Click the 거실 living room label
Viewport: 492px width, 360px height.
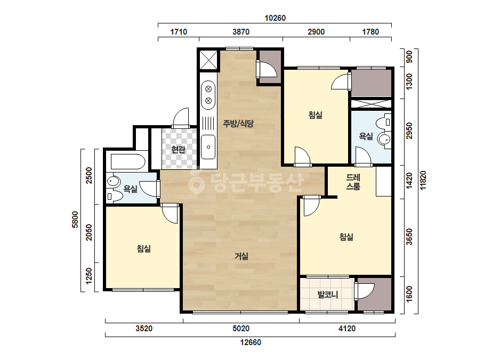click(241, 256)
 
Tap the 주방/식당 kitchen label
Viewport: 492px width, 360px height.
click(238, 124)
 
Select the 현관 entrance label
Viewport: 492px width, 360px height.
click(178, 150)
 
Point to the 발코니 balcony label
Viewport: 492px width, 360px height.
click(328, 295)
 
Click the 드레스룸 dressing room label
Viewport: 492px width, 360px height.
click(353, 182)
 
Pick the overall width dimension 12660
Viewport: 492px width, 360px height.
click(251, 342)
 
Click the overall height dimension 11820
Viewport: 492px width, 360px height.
click(423, 181)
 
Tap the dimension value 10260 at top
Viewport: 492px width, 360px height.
click(275, 18)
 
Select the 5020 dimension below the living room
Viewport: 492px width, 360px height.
click(241, 329)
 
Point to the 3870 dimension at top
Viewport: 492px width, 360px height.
click(241, 31)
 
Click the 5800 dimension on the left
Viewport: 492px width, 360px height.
click(75, 219)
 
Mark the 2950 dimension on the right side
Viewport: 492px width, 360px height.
click(409, 130)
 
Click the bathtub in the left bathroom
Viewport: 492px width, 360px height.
click(128, 161)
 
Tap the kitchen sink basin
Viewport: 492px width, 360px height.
click(208, 147)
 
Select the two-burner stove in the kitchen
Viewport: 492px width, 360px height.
click(208, 95)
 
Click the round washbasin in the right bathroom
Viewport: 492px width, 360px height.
click(384, 138)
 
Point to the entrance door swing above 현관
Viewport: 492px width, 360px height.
click(181, 118)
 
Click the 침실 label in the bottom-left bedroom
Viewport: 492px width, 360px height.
click(144, 249)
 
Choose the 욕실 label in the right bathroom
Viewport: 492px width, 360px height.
click(366, 136)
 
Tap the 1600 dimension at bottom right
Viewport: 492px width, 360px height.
click(409, 294)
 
